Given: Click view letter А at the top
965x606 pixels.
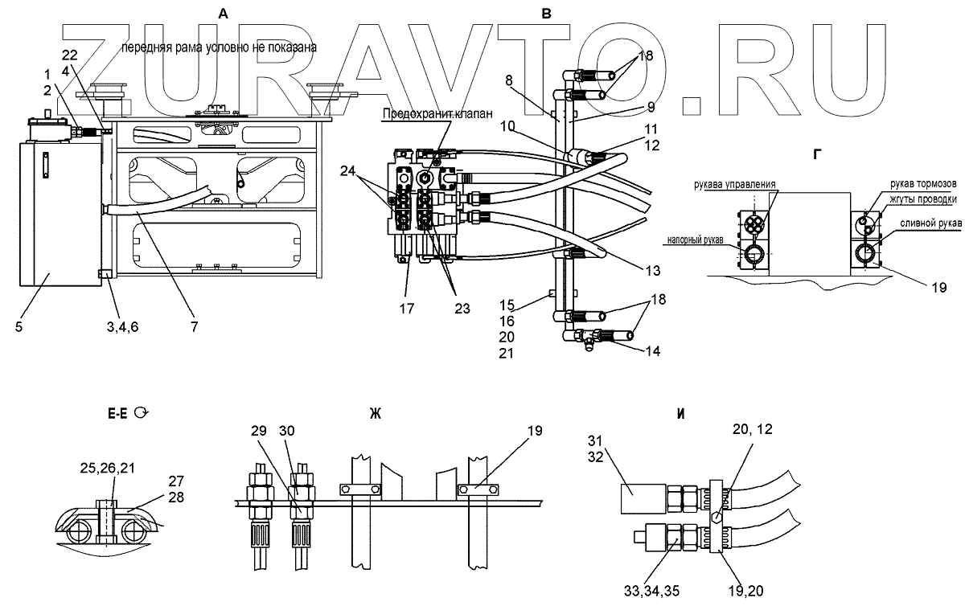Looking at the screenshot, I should pos(223,12).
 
